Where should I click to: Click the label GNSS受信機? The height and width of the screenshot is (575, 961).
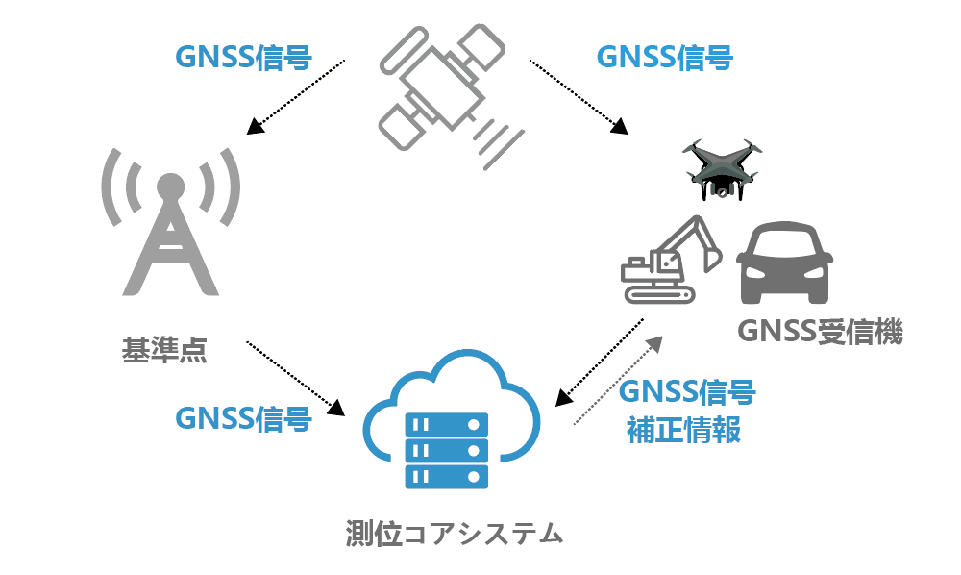(x=820, y=332)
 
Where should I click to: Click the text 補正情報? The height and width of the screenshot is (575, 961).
(x=683, y=429)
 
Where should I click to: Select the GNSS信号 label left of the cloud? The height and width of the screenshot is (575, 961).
(x=243, y=418)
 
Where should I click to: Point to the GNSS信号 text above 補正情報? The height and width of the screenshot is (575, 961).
(x=687, y=392)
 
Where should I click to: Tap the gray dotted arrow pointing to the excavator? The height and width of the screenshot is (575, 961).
(x=619, y=379)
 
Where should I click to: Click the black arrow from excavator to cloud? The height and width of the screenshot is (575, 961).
(x=602, y=361)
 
